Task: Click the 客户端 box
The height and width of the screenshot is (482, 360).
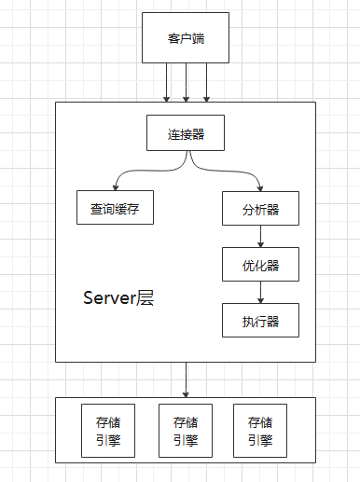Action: point(187,38)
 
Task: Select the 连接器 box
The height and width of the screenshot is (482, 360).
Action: point(187,133)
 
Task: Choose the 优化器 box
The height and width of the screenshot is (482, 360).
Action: point(260,265)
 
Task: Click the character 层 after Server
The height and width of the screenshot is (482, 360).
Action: point(145,299)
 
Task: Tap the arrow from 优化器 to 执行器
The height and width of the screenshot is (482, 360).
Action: point(260,293)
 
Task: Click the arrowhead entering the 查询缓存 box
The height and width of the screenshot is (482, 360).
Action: point(115,187)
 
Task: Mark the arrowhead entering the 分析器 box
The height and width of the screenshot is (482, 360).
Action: point(260,187)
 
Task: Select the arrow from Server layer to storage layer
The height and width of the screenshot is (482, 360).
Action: point(187,379)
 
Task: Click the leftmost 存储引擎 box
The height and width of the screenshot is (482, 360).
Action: point(101,430)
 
